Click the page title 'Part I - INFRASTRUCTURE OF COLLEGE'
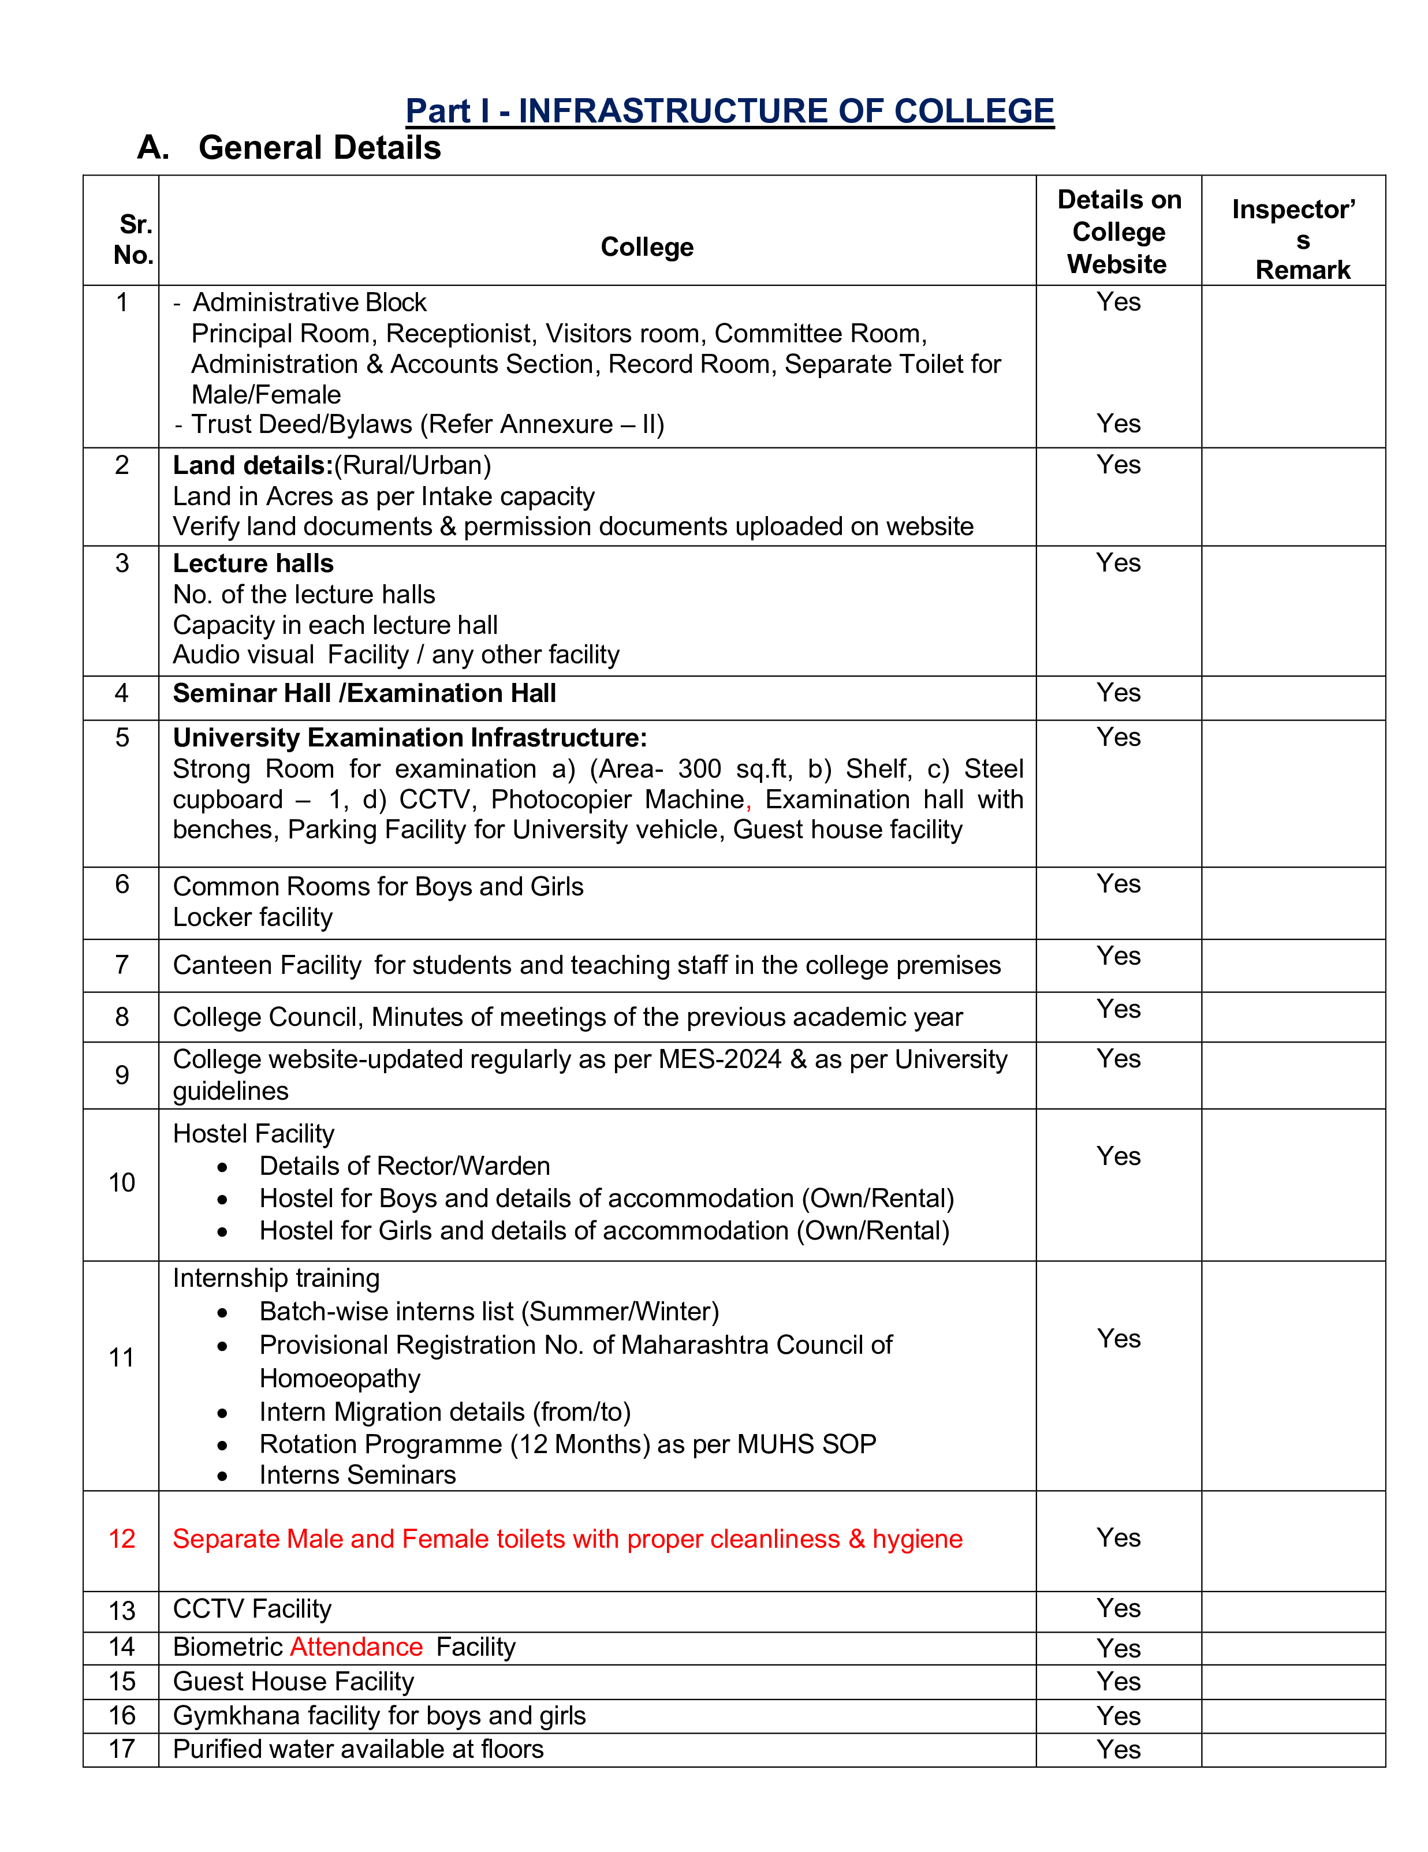[729, 111]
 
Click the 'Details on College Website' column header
[1118, 231]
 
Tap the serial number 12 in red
[121, 1539]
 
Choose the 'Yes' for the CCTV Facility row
[1118, 1608]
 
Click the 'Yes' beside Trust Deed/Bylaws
[1118, 423]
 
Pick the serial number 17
[121, 1749]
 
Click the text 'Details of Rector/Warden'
[404, 1166]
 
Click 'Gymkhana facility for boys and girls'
[379, 1716]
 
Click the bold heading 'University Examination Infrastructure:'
[409, 738]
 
